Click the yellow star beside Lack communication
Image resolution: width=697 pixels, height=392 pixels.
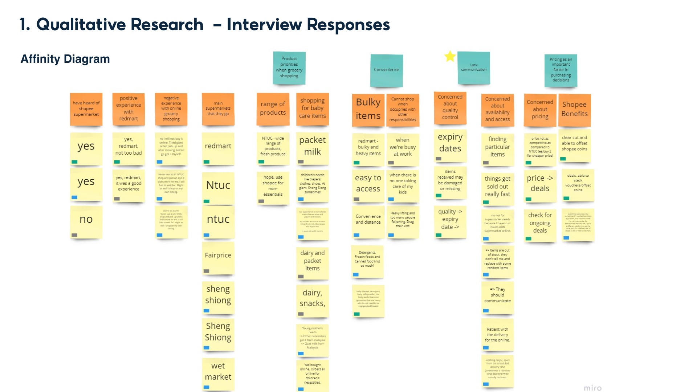point(450,56)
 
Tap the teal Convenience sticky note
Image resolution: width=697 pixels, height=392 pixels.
point(386,70)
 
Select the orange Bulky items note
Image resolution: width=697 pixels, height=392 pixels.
point(368,109)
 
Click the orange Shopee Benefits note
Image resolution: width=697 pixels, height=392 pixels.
point(574,109)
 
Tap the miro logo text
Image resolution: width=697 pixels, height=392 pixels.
point(592,388)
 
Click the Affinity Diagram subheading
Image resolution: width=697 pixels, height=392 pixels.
point(65,59)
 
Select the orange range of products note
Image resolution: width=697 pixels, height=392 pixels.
point(273,109)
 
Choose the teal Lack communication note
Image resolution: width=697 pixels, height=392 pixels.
point(473,68)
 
